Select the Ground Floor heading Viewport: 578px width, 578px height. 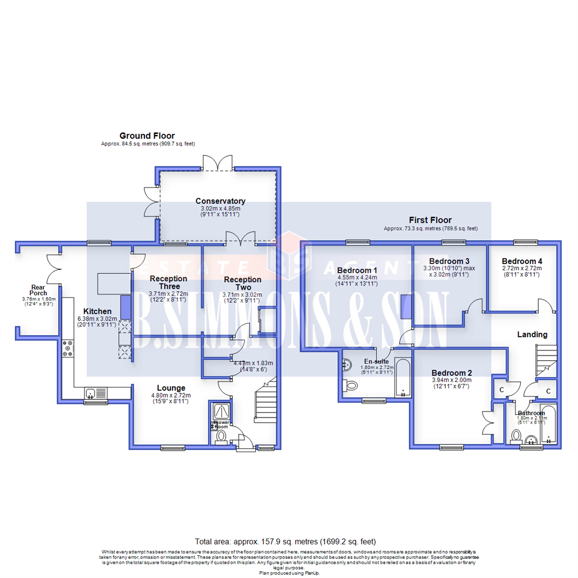pos(147,136)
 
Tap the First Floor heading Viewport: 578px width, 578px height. pos(430,220)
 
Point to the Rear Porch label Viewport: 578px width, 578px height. pos(39,290)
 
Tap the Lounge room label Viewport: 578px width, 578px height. pos(171,388)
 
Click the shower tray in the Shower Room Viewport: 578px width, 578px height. pos(220,410)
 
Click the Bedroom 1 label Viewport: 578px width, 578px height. pos(357,270)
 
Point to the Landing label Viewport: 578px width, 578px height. pos(532,334)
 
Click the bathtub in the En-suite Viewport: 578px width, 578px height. pos(402,378)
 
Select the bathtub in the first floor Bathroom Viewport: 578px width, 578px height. pos(550,427)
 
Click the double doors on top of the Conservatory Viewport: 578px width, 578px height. pos(218,162)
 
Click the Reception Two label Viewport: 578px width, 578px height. pos(242,283)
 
